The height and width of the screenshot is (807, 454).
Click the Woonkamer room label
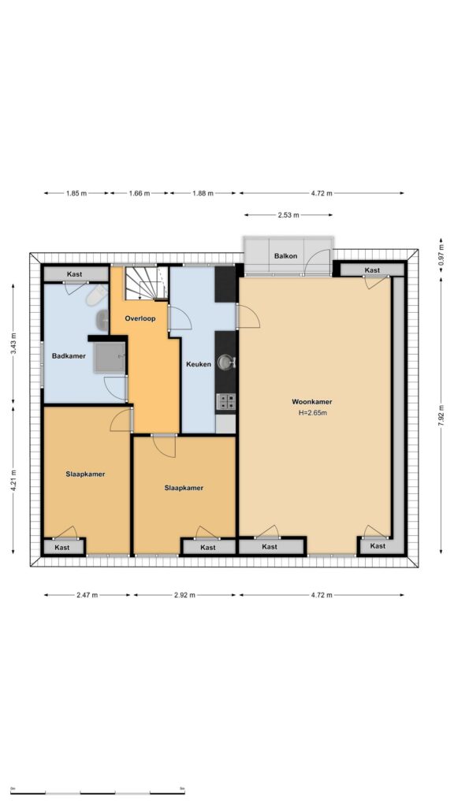click(x=312, y=402)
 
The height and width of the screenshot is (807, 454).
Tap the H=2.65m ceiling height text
click(x=312, y=412)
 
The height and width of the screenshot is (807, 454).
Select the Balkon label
click(x=285, y=256)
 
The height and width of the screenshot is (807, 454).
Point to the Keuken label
click(x=199, y=364)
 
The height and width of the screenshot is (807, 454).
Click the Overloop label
click(x=140, y=318)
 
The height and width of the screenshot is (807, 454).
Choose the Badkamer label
click(x=69, y=355)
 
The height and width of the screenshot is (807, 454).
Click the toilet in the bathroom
click(x=97, y=296)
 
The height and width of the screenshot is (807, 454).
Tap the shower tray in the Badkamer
click(x=109, y=357)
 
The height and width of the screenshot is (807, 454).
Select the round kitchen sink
click(x=225, y=363)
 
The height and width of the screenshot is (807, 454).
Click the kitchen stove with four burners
click(x=226, y=401)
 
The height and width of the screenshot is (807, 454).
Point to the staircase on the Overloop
click(x=147, y=283)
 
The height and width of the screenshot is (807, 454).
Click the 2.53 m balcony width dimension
click(x=288, y=215)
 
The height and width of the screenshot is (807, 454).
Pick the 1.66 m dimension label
click(x=139, y=194)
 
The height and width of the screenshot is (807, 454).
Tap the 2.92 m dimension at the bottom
click(x=184, y=596)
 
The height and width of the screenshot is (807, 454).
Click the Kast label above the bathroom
click(x=75, y=274)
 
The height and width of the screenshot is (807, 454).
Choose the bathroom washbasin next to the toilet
click(x=102, y=320)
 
